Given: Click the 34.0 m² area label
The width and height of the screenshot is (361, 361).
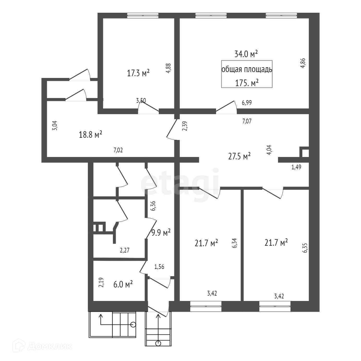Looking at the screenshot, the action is pos(246,54).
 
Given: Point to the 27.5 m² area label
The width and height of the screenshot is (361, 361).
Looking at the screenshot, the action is pos(239,157).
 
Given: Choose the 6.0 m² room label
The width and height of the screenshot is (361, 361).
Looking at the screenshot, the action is pos(123,284).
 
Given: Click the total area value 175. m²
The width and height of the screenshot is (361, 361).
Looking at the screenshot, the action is pos(247,83).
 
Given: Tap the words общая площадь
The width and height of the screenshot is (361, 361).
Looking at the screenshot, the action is pos(247,70).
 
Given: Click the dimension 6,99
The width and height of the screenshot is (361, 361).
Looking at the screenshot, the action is pos(247,103).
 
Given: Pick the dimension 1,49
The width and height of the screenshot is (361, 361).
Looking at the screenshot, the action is pos(296,167).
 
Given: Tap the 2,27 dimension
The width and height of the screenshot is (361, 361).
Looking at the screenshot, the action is pos(125,250).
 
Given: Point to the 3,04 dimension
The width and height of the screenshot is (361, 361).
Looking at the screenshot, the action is pos(55,125).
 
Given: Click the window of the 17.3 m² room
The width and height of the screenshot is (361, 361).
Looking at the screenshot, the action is pos(143,16).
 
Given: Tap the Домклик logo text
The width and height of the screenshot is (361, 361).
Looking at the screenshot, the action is pos(50,346).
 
